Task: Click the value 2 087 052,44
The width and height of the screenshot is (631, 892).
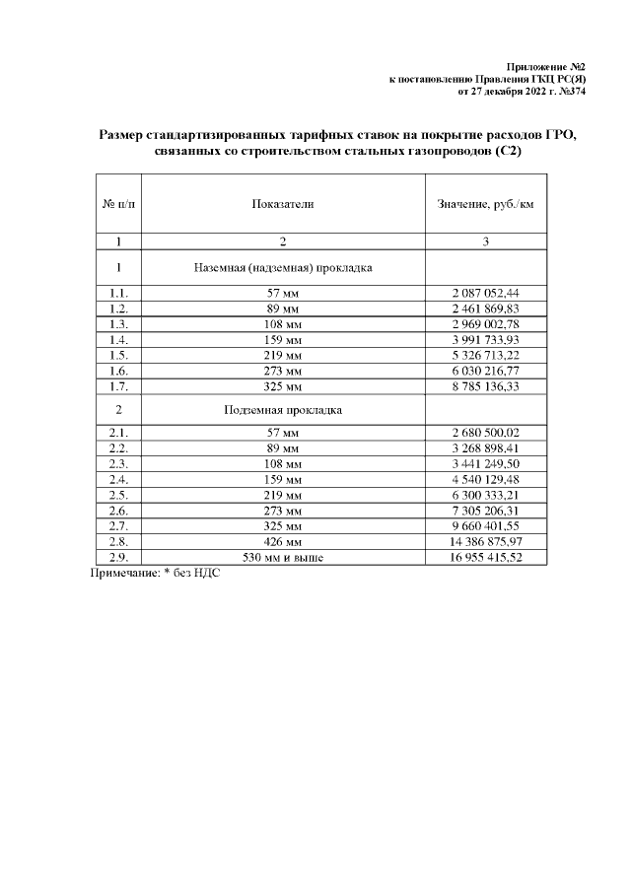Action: (485, 294)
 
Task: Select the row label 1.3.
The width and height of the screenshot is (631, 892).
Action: (118, 324)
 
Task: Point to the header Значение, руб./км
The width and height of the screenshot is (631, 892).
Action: (485, 204)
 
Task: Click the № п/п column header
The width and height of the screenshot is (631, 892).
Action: (118, 204)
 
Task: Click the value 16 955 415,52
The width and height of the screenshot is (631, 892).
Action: (485, 558)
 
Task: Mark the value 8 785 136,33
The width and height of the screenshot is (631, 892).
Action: (485, 386)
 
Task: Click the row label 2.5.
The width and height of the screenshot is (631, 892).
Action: (118, 496)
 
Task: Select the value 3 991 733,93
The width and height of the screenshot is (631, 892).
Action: (485, 340)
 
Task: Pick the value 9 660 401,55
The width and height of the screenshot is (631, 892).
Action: (485, 527)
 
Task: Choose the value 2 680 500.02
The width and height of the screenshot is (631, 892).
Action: (485, 434)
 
